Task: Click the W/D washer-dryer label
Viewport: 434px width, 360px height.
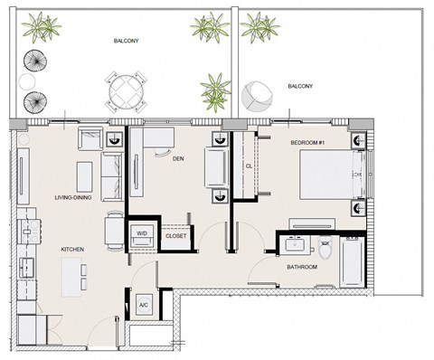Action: tap(142, 233)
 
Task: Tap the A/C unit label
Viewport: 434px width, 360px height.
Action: tap(144, 305)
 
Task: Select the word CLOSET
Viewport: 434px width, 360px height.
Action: tap(176, 236)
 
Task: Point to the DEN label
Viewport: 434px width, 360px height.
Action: tap(178, 158)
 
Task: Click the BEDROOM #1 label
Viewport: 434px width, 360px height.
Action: tap(307, 143)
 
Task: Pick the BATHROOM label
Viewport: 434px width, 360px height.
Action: tap(302, 267)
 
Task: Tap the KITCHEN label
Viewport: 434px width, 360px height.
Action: tap(72, 250)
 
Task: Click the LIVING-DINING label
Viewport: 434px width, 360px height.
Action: tap(73, 198)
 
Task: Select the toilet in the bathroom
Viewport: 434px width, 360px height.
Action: tap(325, 248)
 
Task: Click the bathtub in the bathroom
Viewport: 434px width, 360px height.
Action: tap(352, 261)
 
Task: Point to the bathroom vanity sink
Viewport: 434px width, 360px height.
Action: tap(295, 244)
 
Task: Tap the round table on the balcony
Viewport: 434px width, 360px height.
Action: tap(127, 92)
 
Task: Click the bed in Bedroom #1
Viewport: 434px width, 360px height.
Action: tap(333, 175)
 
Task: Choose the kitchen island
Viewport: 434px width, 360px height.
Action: tap(71, 277)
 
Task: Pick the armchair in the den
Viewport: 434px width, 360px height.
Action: tap(216, 167)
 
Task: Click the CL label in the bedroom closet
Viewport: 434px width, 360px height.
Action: tap(249, 166)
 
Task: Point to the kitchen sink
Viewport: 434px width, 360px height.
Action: tap(27, 268)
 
